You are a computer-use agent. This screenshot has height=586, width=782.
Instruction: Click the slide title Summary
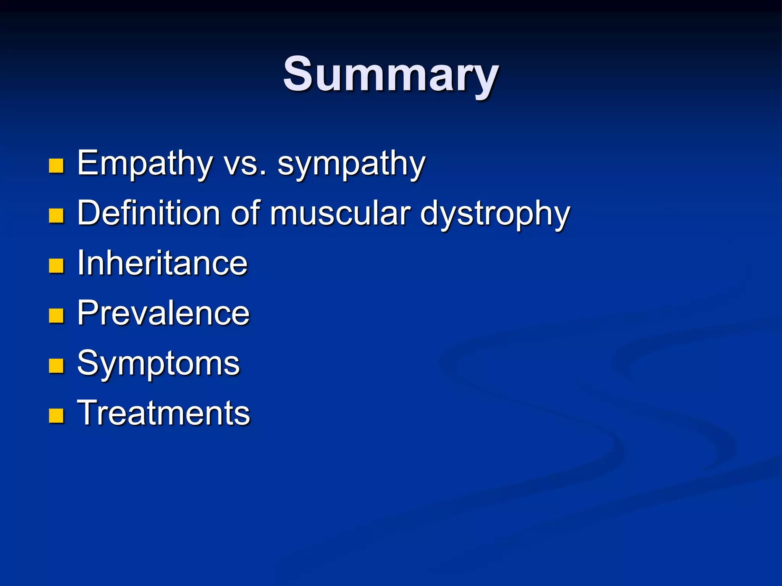[391, 74]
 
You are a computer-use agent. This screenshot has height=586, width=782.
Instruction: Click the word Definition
[149, 213]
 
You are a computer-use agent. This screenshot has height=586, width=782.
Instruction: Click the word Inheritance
[162, 263]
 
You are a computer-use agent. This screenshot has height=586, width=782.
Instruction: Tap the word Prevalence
[163, 313]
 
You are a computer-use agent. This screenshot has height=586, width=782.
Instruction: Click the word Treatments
[163, 413]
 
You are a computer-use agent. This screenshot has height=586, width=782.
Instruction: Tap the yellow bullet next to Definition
[56, 216]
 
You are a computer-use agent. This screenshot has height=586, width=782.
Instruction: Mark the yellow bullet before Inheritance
[56, 266]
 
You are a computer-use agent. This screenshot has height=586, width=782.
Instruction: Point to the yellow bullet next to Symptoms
[56, 366]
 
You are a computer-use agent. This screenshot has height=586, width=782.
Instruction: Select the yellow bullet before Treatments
[56, 416]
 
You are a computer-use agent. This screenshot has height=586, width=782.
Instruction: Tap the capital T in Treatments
[89, 412]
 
